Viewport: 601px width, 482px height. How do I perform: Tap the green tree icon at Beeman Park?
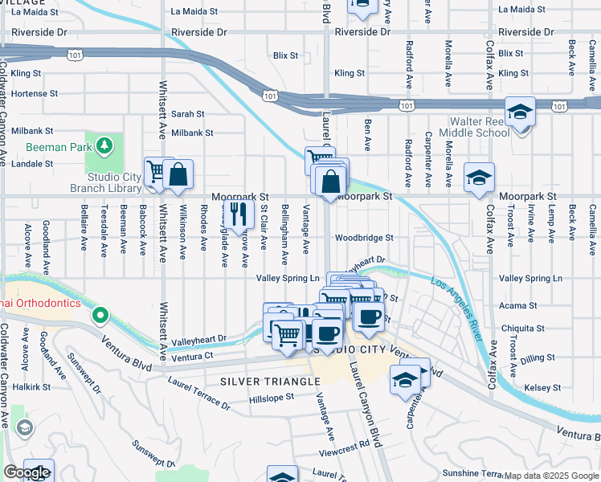click(103, 145)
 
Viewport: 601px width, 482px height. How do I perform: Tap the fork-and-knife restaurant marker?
click(239, 214)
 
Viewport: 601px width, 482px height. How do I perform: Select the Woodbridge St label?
click(364, 238)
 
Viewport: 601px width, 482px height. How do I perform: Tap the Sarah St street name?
click(187, 115)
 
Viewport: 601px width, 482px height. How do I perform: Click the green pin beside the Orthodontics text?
click(100, 315)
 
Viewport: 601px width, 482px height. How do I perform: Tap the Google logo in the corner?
click(27, 472)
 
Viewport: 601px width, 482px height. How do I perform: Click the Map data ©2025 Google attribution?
click(551, 476)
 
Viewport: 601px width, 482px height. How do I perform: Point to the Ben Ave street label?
click(367, 136)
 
